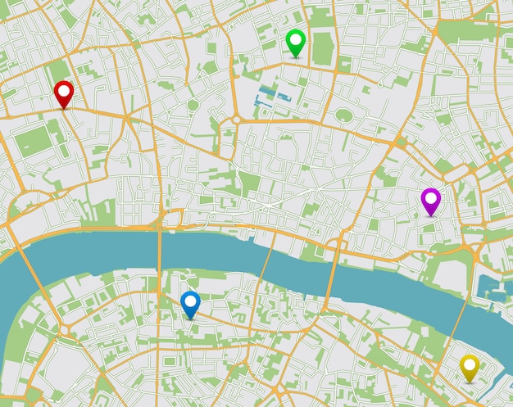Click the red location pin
tap(64, 92)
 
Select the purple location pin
tap(430, 199)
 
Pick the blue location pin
tap(190, 302)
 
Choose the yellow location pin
tap(470, 366)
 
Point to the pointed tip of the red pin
tap(64, 108)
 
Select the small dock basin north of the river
tap(491, 287)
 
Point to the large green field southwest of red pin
tap(32, 141)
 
